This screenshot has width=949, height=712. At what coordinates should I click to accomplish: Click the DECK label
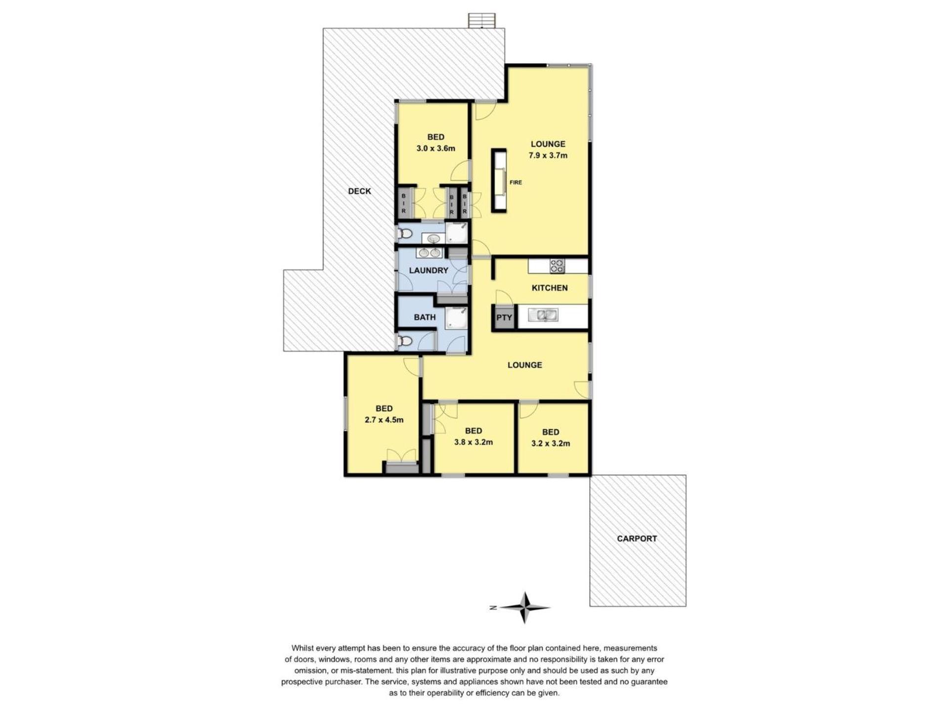[x=359, y=191]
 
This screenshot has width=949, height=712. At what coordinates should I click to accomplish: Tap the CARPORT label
[x=637, y=538]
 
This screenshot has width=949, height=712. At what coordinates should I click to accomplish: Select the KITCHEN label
[x=550, y=288]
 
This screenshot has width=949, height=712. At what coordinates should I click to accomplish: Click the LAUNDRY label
[x=429, y=270]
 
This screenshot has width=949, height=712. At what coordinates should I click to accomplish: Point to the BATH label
[x=425, y=317]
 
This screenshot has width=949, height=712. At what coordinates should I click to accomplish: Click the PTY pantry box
[x=504, y=317]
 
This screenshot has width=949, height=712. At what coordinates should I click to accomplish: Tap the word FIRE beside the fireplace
[x=516, y=182]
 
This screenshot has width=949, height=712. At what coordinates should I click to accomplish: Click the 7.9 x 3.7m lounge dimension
[x=548, y=155]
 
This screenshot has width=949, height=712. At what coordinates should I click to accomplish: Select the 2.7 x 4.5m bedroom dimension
[x=384, y=420]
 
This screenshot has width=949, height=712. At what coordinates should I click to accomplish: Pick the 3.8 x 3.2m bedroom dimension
[x=474, y=442]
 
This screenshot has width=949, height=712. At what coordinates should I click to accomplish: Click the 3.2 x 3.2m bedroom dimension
[x=551, y=444]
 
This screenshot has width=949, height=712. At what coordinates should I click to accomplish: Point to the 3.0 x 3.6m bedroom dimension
[x=436, y=148]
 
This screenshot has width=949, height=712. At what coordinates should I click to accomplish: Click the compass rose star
[x=524, y=608]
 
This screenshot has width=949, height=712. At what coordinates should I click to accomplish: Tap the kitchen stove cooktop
[x=557, y=266]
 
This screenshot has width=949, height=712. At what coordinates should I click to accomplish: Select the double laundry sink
[x=429, y=253]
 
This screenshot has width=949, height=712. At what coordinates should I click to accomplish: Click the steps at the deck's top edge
[x=481, y=21]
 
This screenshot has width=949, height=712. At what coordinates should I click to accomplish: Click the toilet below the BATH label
[x=405, y=341]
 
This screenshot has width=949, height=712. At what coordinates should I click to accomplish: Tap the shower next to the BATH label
[x=456, y=318]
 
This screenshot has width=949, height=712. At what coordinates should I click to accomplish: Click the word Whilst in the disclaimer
[x=303, y=648]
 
